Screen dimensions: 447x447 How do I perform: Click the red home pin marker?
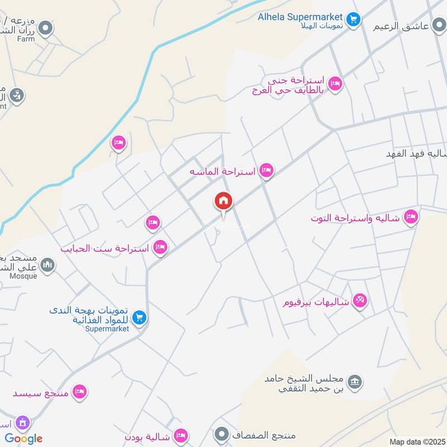[x=223, y=201]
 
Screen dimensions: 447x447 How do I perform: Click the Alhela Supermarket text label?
[x=300, y=17]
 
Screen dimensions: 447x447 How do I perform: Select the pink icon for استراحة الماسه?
[x=267, y=170]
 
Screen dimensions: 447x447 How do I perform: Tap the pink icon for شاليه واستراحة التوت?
[x=411, y=217]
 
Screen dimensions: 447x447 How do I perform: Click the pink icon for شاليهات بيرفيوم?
[x=360, y=302]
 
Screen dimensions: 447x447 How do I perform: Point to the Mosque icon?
[x=47, y=265]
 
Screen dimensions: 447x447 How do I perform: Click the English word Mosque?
[x=23, y=276]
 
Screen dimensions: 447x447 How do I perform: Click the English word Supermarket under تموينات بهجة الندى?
[x=107, y=329]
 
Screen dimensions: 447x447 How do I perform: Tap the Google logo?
[x=23, y=439]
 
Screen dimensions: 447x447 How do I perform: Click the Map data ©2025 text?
[x=416, y=441]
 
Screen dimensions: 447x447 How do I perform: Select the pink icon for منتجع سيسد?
[x=80, y=392]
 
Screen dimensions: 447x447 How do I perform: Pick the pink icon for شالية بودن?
[x=180, y=435]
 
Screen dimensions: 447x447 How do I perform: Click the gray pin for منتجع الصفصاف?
[x=222, y=434]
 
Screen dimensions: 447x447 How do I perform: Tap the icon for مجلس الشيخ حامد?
[x=354, y=383]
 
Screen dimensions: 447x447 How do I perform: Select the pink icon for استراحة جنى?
[x=335, y=84]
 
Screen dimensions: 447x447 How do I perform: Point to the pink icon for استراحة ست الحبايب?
[x=161, y=246]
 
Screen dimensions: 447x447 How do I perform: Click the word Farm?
[x=26, y=39]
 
